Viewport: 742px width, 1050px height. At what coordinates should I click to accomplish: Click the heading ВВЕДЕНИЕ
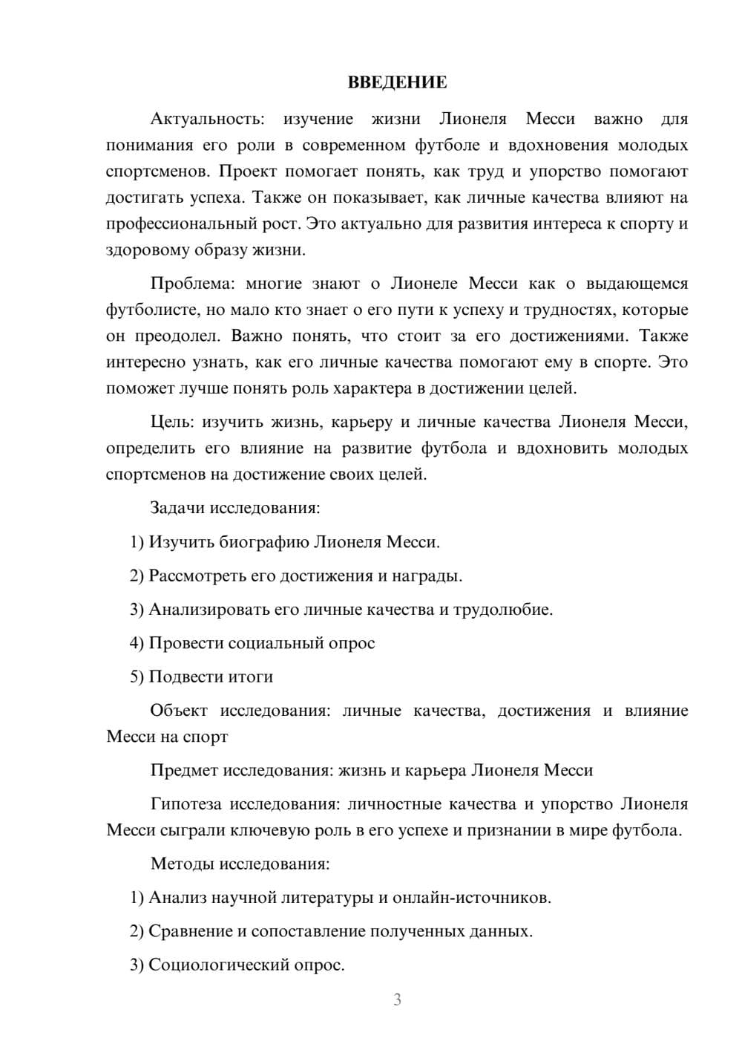click(397, 82)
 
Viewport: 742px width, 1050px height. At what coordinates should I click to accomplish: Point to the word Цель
click(172, 423)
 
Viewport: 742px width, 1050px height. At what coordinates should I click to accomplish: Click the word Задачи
click(177, 509)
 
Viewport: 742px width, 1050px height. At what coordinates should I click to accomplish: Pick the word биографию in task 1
click(264, 542)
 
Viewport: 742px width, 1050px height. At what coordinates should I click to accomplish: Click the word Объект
click(179, 711)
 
